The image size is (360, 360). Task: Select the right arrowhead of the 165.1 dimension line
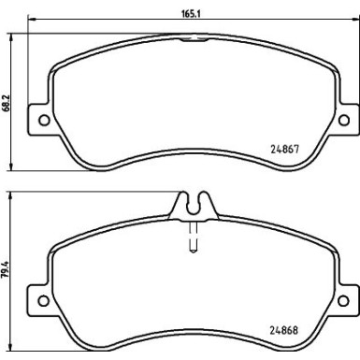tap(353, 21)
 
